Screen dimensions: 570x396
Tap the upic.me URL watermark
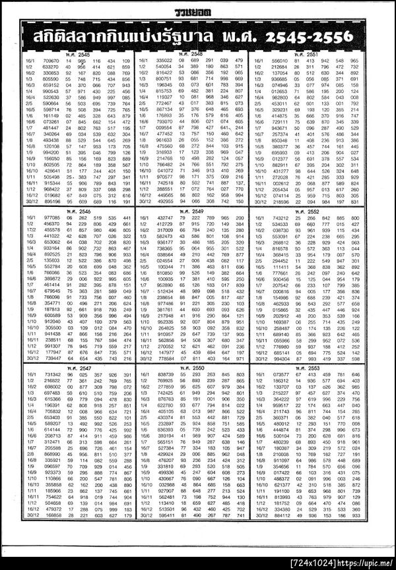(366, 564)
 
